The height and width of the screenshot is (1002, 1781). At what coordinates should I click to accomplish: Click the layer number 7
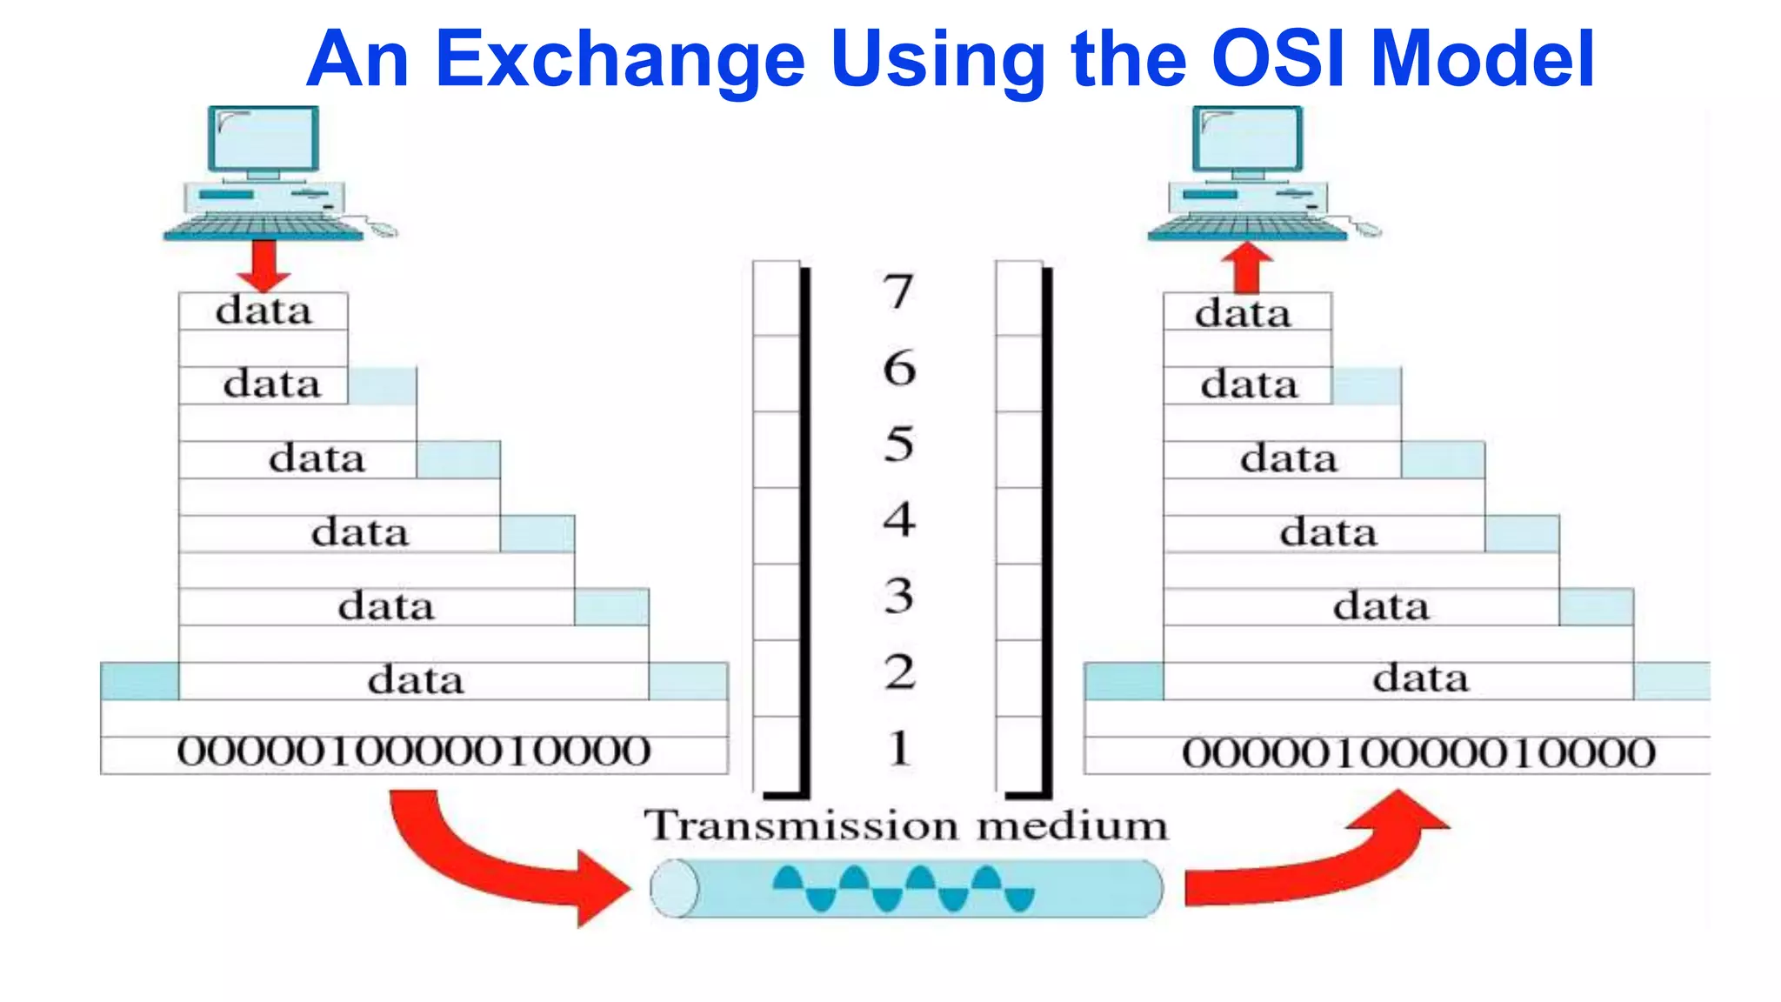coord(898,291)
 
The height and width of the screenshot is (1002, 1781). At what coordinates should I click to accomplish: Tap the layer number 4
coord(898,519)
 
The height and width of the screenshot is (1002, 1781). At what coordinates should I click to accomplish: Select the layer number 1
coord(899,748)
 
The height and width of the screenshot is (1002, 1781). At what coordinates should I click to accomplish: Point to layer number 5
coord(898,444)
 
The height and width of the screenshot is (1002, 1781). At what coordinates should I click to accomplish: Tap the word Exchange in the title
coord(619,58)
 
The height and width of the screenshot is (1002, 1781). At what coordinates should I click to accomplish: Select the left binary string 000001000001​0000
coord(414,751)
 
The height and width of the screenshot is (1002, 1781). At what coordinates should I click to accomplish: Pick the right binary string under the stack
coord(1418,753)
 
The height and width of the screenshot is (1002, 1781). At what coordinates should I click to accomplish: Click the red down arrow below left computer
coord(263,264)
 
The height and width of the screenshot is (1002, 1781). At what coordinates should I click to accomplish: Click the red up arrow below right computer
coord(1247,268)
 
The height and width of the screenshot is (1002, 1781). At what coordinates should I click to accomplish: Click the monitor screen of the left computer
coord(263,140)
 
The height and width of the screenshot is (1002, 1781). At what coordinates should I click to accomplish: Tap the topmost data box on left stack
coord(263,311)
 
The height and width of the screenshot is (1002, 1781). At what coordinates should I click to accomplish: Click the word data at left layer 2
coord(415,680)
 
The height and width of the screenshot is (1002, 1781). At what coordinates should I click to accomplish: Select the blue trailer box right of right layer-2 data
coord(1671,680)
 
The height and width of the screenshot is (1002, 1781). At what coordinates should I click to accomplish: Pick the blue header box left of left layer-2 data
coord(139,680)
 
